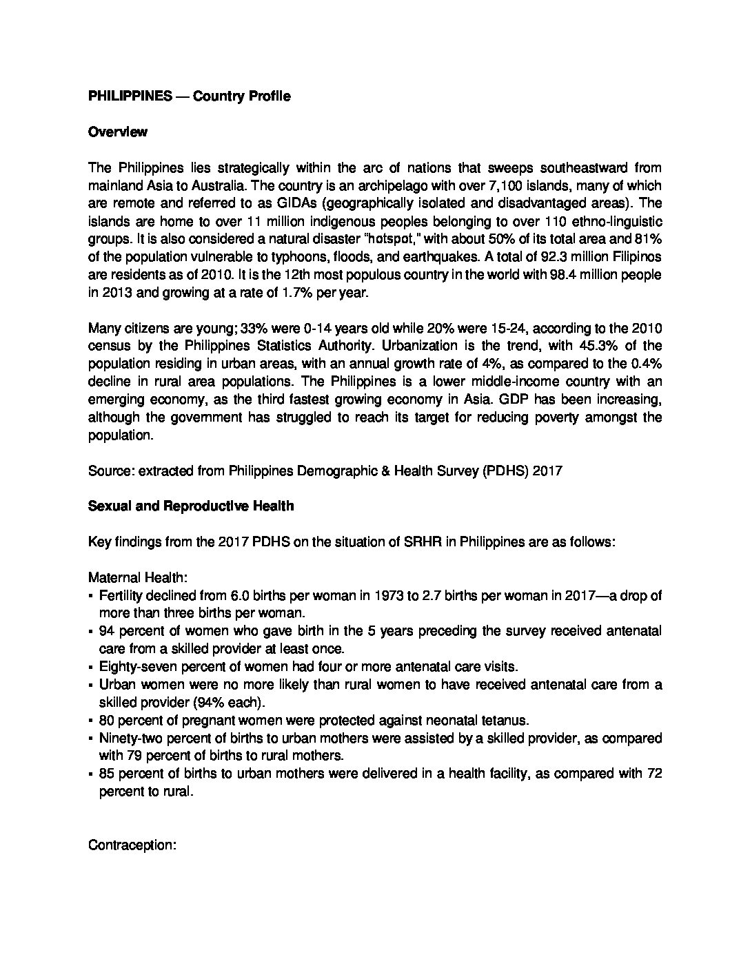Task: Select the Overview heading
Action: coord(117,132)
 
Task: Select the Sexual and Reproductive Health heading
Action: coord(191,506)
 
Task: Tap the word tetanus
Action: coord(505,721)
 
